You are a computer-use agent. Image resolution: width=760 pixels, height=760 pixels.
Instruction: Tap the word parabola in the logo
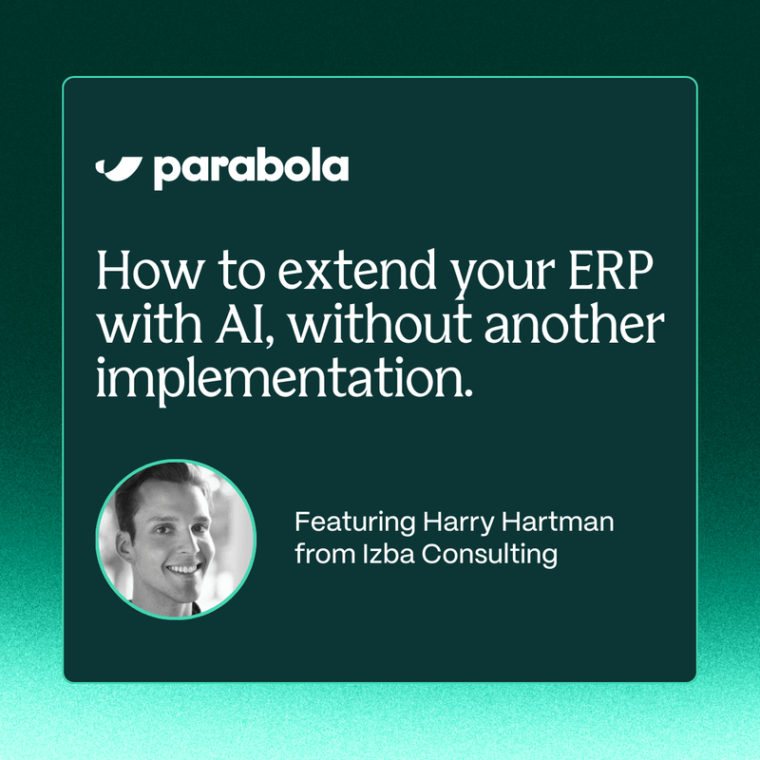250,168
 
